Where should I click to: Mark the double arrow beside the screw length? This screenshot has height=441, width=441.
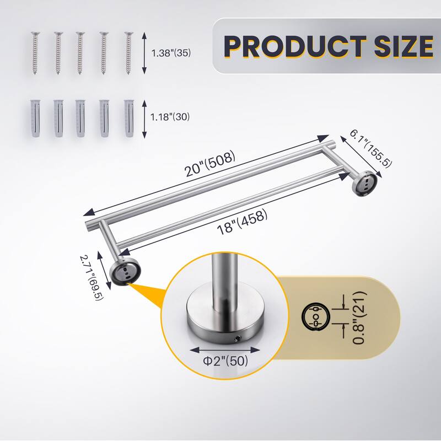point(144,53)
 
